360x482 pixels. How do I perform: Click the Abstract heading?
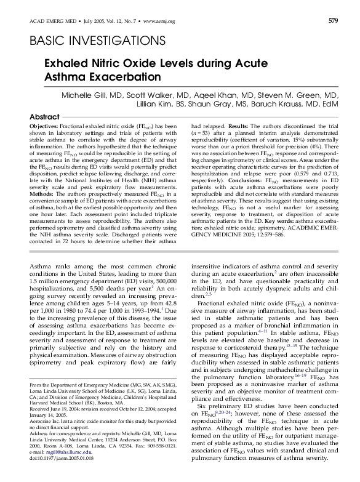[45, 117]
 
